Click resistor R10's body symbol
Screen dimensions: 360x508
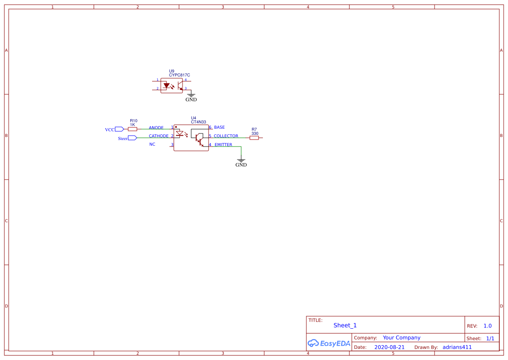[x=133, y=129]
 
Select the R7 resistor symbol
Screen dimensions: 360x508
[x=254, y=138]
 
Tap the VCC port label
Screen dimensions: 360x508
[x=110, y=130]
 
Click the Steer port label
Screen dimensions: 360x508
[x=123, y=139]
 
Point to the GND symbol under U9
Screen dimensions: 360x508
[x=191, y=96]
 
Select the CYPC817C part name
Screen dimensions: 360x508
[x=179, y=75]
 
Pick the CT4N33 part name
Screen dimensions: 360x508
[x=199, y=123]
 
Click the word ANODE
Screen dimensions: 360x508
[x=156, y=128]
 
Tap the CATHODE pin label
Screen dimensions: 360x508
[x=159, y=136]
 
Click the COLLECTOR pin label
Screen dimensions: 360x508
[x=226, y=136]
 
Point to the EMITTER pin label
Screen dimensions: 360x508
[x=223, y=145]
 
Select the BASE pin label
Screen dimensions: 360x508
[x=219, y=127]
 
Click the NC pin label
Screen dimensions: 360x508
[x=152, y=144]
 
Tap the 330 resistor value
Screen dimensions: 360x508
[x=255, y=133]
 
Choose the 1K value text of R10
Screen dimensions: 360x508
[x=133, y=125]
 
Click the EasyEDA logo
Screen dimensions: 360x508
[x=329, y=343]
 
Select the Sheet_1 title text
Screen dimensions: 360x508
[x=345, y=325]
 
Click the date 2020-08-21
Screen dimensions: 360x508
[x=389, y=347]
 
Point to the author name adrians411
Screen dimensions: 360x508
[x=457, y=347]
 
